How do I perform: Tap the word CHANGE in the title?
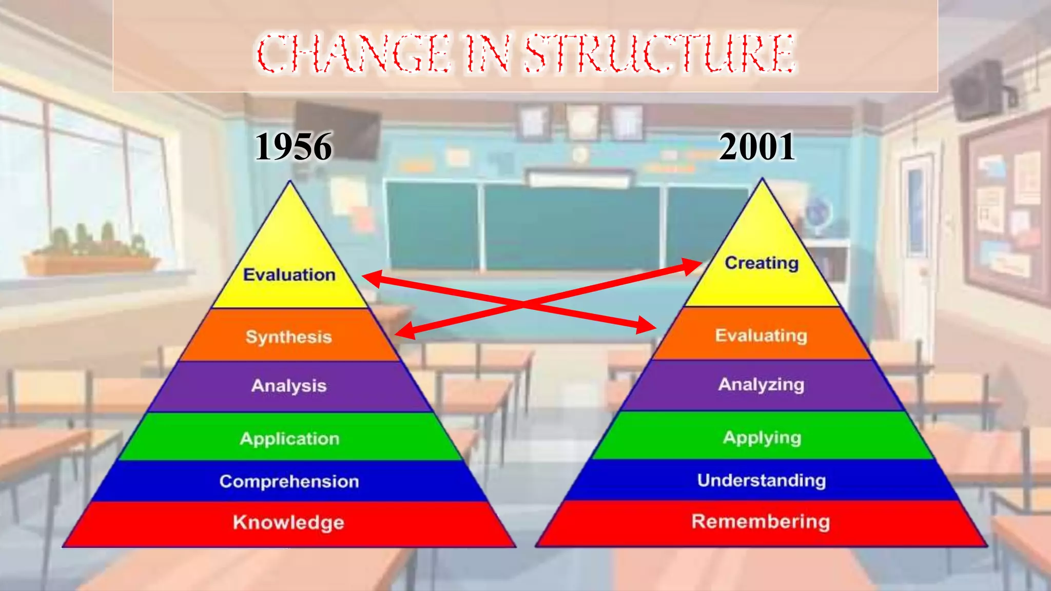[354, 53]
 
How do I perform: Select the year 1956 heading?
[294, 147]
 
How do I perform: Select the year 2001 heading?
[757, 147]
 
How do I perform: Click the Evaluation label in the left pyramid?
[289, 275]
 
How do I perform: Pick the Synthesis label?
[289, 337]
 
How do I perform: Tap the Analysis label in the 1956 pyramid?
[289, 386]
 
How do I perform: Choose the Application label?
[290, 439]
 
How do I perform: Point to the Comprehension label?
[289, 481]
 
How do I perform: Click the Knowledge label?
[288, 522]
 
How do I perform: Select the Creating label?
[762, 263]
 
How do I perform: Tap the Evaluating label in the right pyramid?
[761, 336]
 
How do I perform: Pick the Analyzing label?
[761, 384]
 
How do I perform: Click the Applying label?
[762, 438]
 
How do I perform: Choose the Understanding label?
[762, 480]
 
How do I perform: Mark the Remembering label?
[761, 521]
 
